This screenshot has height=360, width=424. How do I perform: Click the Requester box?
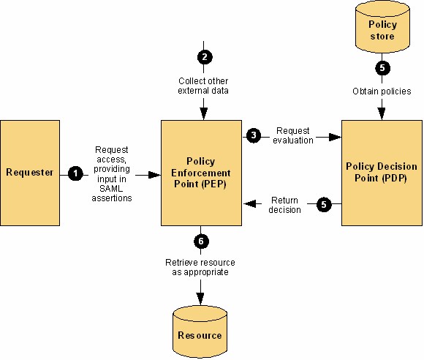pyautogui.click(x=30, y=173)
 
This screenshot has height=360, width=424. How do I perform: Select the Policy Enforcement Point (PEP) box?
pyautogui.click(x=202, y=173)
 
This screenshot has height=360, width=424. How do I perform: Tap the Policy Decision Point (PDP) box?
pyautogui.click(x=382, y=173)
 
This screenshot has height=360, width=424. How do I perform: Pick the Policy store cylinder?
pyautogui.click(x=382, y=27)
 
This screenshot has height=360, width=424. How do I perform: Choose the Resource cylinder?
pyautogui.click(x=200, y=332)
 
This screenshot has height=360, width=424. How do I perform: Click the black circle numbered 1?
pyautogui.click(x=75, y=173)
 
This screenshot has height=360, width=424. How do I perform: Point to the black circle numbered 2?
pyautogui.click(x=205, y=57)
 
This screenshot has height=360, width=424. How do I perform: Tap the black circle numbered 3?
pyautogui.click(x=254, y=135)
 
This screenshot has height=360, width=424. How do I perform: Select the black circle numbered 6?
pyautogui.click(x=201, y=241)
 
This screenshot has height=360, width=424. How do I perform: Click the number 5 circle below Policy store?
pyautogui.click(x=382, y=68)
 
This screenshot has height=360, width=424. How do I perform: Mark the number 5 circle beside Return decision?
pyautogui.click(x=324, y=205)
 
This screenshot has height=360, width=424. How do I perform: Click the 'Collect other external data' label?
pyautogui.click(x=203, y=86)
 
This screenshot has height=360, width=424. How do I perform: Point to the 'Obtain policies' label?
pyautogui.click(x=382, y=91)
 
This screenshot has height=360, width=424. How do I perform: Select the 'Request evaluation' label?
pyautogui.click(x=293, y=135)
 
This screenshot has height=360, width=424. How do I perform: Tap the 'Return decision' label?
pyautogui.click(x=285, y=205)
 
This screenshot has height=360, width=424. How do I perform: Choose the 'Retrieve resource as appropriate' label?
pyautogui.click(x=200, y=267)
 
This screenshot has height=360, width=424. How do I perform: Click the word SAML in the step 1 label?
pyautogui.click(x=111, y=188)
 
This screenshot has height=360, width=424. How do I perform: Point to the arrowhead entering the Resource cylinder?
pyautogui.click(x=200, y=299)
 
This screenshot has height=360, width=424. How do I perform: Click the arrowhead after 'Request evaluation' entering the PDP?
pyautogui.click(x=335, y=137)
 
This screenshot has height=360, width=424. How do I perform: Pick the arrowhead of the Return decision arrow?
pyautogui.click(x=249, y=203)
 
